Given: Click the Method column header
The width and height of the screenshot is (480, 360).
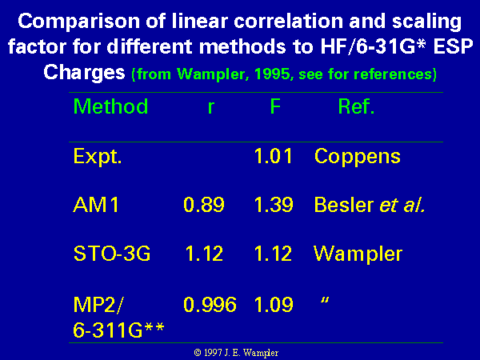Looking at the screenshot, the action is click(x=111, y=106).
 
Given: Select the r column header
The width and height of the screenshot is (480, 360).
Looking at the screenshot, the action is click(x=211, y=108).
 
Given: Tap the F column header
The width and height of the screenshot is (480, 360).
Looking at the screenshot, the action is click(x=275, y=106).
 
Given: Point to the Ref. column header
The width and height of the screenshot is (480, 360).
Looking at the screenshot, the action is click(x=356, y=106).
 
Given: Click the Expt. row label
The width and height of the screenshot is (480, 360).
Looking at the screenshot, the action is click(x=98, y=157).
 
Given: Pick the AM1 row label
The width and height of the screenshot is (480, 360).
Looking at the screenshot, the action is click(x=96, y=205).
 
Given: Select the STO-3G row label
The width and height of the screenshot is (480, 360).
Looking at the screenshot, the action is click(x=112, y=254).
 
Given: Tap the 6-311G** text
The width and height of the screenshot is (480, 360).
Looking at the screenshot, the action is click(x=118, y=330).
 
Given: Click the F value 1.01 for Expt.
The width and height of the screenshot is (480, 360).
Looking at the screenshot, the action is click(x=274, y=156).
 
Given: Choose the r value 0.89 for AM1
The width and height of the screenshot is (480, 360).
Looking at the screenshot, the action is click(x=204, y=205).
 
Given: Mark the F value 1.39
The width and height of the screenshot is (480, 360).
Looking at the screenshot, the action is click(x=274, y=205).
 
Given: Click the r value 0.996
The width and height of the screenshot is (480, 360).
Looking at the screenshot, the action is click(x=210, y=304).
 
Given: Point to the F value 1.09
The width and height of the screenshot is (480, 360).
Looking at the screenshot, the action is click(x=274, y=304).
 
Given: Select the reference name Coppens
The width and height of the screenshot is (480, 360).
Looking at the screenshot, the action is click(x=358, y=158).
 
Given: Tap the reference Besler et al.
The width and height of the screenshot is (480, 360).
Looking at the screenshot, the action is click(x=370, y=205).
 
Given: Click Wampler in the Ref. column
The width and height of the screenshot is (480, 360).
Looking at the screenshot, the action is click(x=358, y=254).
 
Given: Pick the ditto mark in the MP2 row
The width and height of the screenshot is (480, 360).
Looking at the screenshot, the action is click(x=325, y=300).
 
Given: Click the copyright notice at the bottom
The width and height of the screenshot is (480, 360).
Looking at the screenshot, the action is click(x=236, y=353).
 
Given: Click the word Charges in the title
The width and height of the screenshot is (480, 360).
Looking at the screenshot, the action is click(x=84, y=74).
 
